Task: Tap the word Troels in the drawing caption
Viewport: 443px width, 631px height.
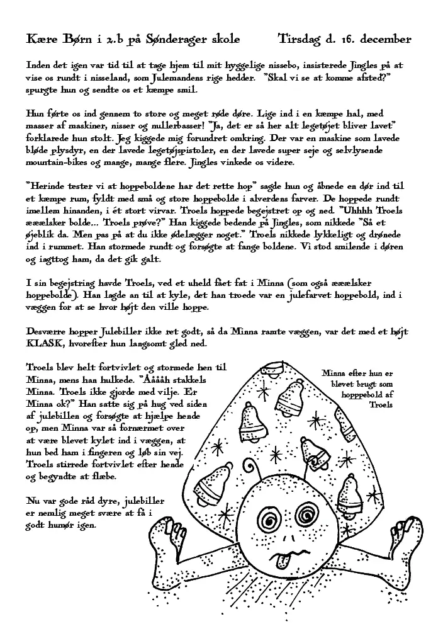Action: coord(381,404)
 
